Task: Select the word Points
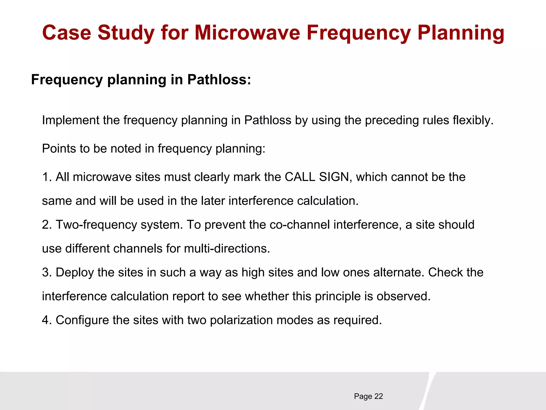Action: click(59, 148)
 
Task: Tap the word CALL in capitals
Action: click(300, 177)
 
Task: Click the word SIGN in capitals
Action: click(334, 177)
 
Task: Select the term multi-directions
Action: click(227, 249)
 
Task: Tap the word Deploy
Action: click(75, 272)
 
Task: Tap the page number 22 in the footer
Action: click(379, 396)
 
